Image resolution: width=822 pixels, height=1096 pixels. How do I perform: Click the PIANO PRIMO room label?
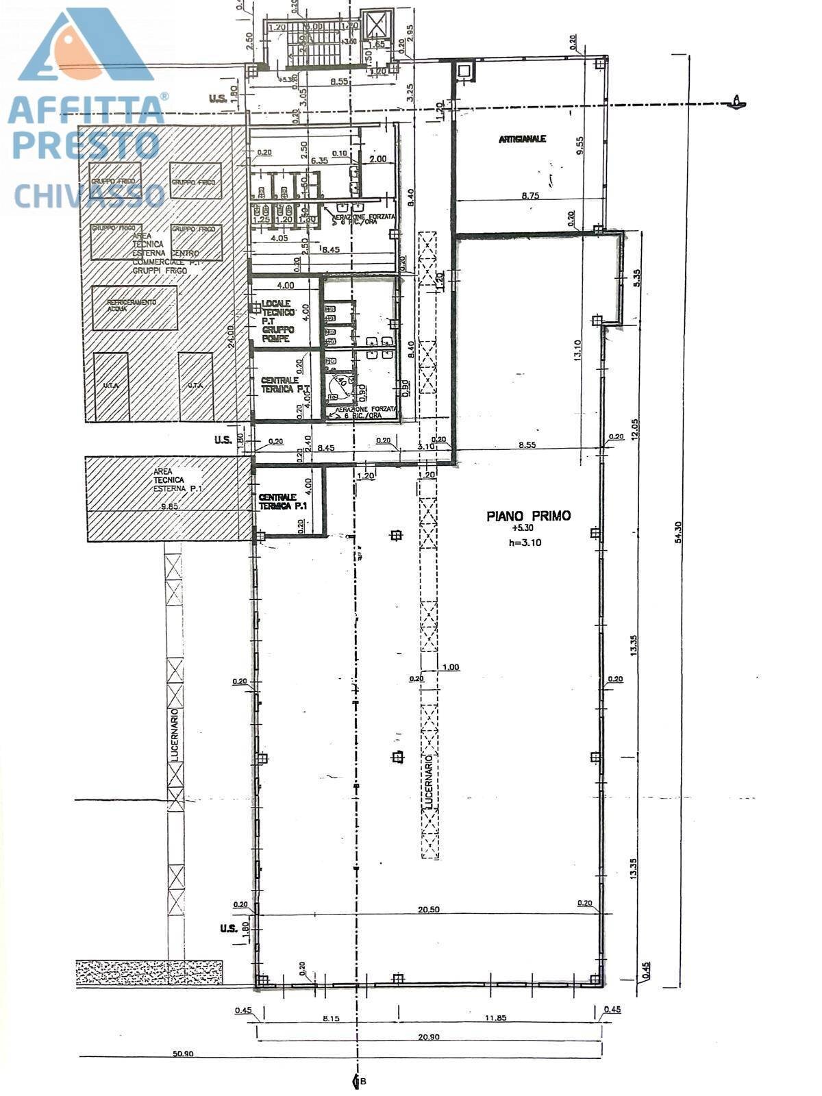(x=528, y=516)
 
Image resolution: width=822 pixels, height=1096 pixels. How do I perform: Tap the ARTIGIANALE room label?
(x=522, y=138)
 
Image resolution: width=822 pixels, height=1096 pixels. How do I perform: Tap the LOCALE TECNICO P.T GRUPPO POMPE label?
(x=277, y=321)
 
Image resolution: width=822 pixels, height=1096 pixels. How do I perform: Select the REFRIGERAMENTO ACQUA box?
(x=134, y=307)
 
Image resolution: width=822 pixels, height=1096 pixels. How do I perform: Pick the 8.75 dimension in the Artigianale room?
(x=531, y=195)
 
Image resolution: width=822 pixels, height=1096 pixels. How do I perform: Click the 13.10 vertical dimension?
(x=577, y=349)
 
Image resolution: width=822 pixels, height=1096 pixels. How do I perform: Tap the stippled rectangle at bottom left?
(x=149, y=972)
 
